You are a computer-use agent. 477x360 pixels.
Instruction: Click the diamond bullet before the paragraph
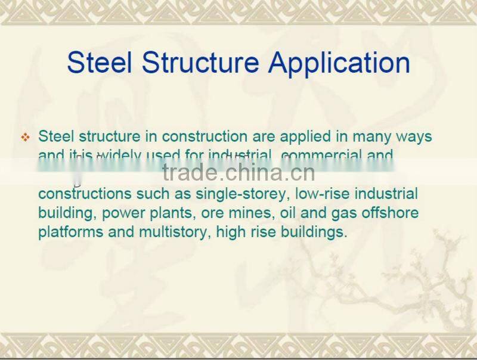coord(25,138)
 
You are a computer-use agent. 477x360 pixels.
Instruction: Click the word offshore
coord(389,213)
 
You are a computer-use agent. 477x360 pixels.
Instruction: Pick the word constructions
coord(81,194)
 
